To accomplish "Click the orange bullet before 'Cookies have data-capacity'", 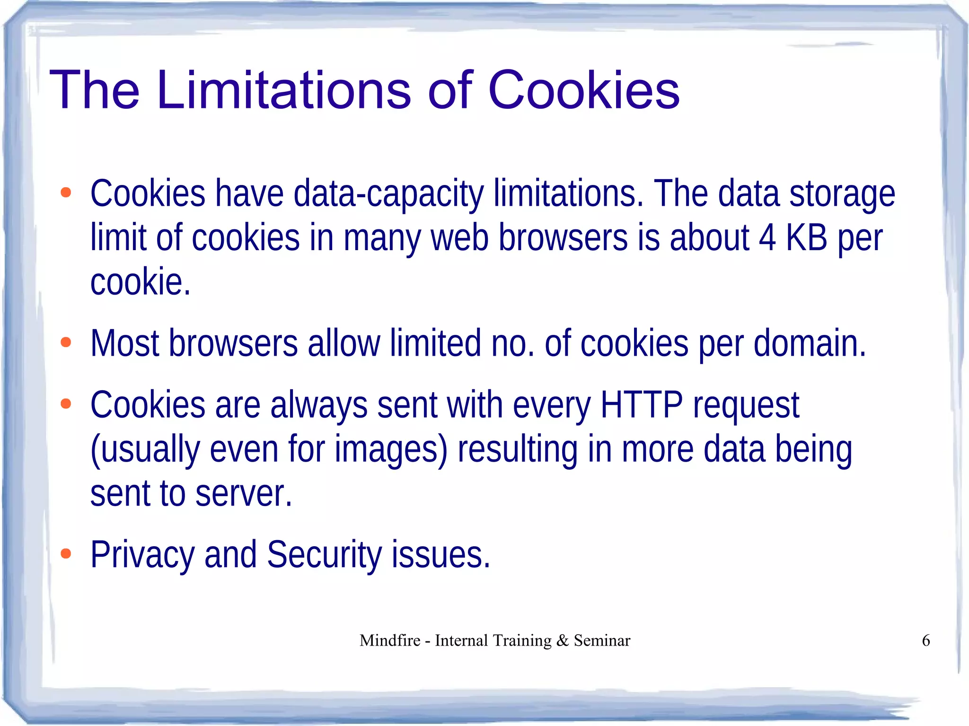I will click(66, 192).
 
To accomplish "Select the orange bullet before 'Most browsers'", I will click(66, 342).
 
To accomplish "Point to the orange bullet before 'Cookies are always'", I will click(66, 404).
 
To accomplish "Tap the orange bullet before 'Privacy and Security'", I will click(66, 553).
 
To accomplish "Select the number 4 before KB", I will click(767, 237).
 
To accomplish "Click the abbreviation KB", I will click(806, 237).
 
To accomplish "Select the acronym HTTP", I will click(641, 405).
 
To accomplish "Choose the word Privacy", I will click(142, 554).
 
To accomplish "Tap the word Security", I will click(324, 554).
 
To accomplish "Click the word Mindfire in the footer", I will click(390, 640).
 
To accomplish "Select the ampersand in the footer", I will click(563, 640).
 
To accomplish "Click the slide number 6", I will click(926, 640).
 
